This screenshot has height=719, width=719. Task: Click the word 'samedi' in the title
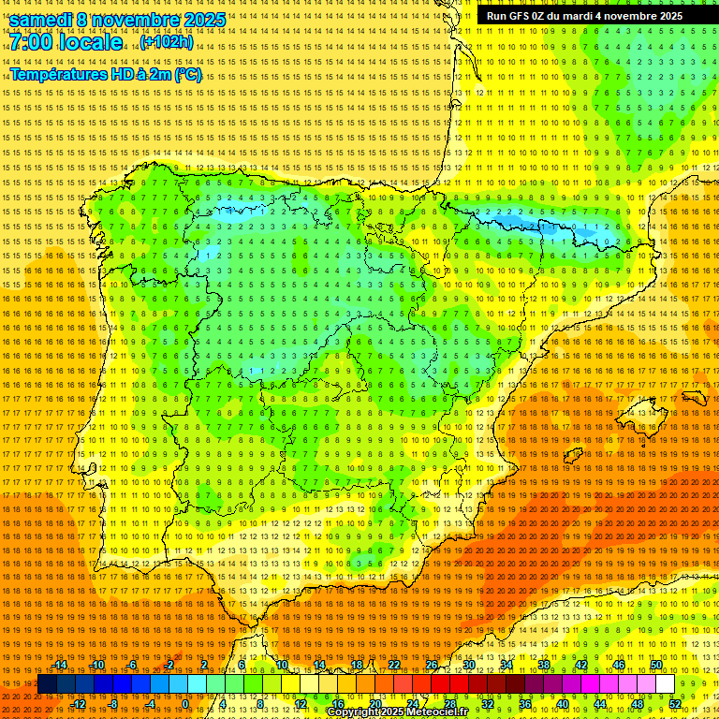[46, 20]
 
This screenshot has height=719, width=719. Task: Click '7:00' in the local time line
[33, 42]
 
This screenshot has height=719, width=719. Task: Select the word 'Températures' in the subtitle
[58, 74]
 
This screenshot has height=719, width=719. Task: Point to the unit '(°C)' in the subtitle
[187, 74]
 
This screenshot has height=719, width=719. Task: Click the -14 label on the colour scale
[61, 665]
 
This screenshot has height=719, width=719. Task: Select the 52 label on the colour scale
[675, 703]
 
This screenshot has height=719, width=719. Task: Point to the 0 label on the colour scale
[185, 703]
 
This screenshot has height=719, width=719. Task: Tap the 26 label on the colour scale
[431, 665]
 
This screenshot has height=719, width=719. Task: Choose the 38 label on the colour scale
[543, 665]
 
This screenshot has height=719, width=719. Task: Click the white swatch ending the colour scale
[665, 684]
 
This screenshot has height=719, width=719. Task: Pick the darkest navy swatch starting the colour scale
[47, 684]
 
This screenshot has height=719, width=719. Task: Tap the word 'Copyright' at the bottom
[355, 712]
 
